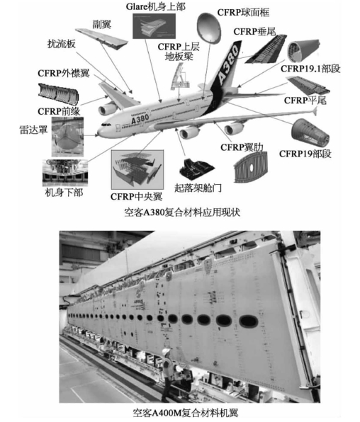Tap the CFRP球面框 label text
243,13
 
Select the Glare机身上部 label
155,6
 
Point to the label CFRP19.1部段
310,69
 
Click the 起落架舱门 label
198,188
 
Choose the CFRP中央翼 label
136,196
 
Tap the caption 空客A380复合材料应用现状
182,212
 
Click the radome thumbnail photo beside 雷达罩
67,137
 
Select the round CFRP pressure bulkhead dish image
209,28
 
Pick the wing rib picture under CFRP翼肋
251,167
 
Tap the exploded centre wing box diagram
137,169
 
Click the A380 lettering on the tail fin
228,64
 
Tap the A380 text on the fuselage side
140,119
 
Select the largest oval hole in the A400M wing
249,321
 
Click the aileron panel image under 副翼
101,38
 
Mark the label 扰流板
62,44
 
